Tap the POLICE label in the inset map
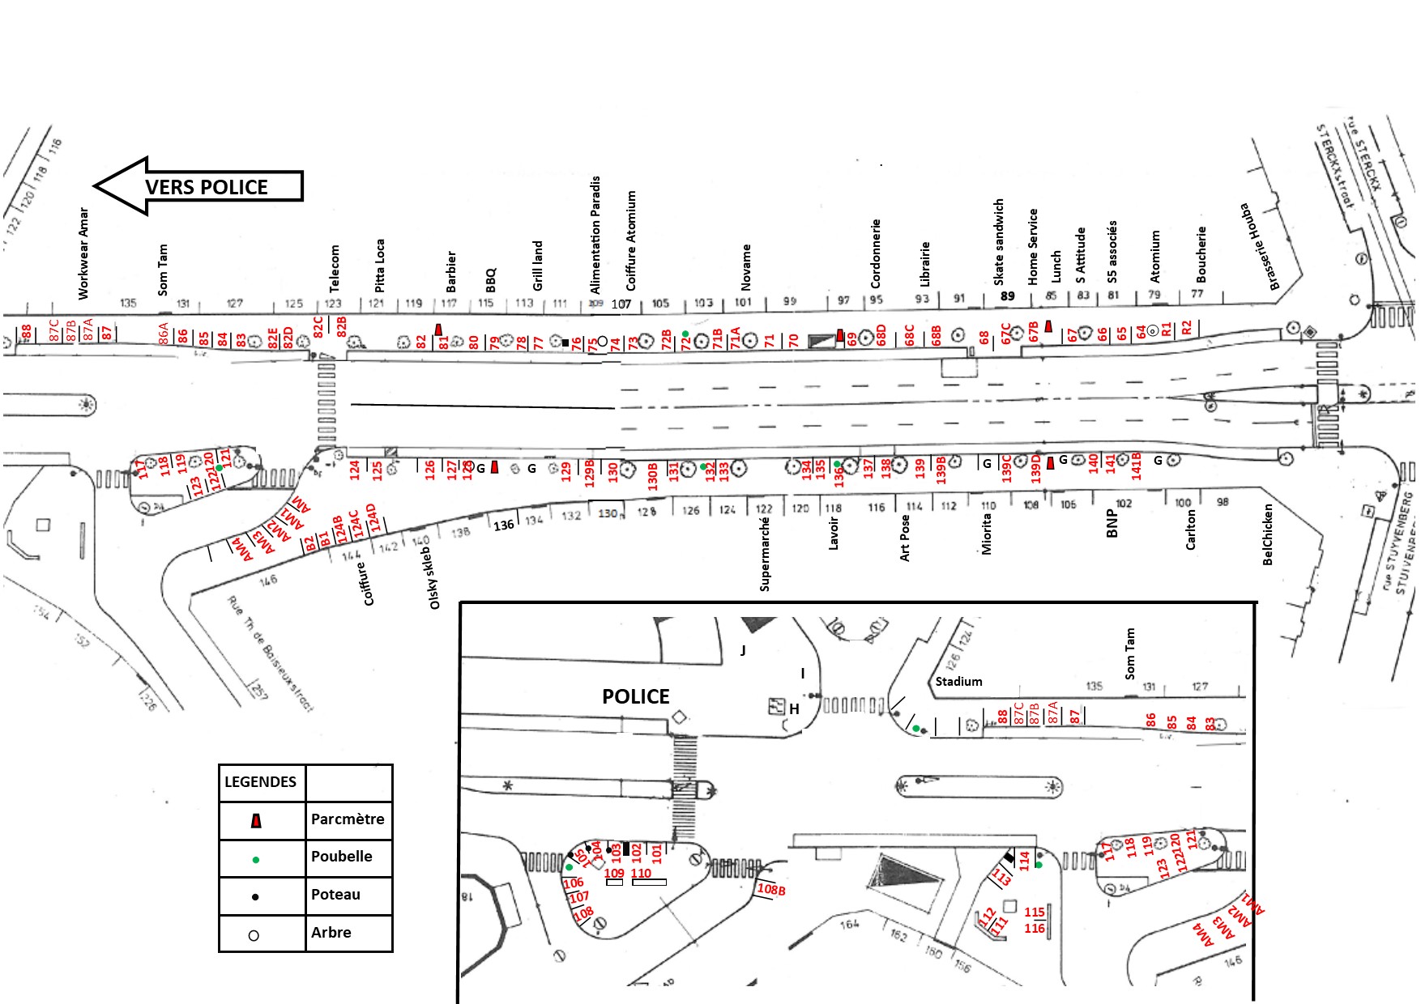click(x=635, y=696)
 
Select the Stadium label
click(x=958, y=682)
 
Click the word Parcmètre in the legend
click(x=348, y=819)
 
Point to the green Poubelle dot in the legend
click(x=256, y=860)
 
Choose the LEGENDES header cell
click(x=261, y=782)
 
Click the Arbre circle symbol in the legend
click(x=254, y=935)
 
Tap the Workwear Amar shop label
click(x=83, y=253)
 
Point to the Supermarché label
click(x=765, y=554)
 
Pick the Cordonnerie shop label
click(x=875, y=253)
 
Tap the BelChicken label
click(x=1268, y=534)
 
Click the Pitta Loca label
click(x=380, y=265)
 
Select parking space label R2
click(x=1187, y=328)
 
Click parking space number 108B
click(x=770, y=890)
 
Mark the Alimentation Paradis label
click(x=595, y=235)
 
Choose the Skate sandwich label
click(x=999, y=242)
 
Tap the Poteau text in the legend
click(x=335, y=895)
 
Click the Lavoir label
click(x=834, y=534)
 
